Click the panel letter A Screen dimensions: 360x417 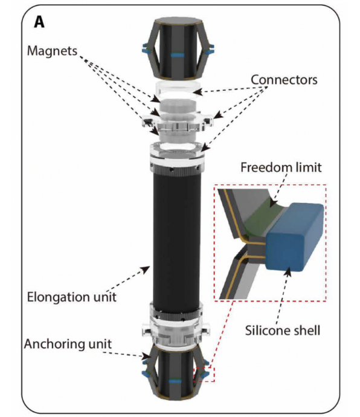pyautogui.click(x=39, y=22)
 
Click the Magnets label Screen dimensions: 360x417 pyautogui.click(x=52, y=51)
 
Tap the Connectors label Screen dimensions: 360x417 pyautogui.click(x=284, y=80)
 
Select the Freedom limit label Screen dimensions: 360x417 pyautogui.click(x=281, y=167)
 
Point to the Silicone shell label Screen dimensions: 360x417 pyautogui.click(x=282, y=331)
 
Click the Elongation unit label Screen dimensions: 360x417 pyautogui.click(x=72, y=297)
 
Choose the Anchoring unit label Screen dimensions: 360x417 pyautogui.click(x=68, y=344)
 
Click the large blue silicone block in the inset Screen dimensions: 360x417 pyautogui.click(x=295, y=237)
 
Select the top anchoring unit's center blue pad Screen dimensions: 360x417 pyautogui.click(x=178, y=55)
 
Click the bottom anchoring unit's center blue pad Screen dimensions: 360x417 pyautogui.click(x=176, y=381)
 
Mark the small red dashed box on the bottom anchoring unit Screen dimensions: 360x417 pyautogui.click(x=204, y=375)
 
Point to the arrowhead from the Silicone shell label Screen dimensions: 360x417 pyautogui.click(x=288, y=273)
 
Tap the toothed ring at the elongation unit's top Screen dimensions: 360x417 pyautogui.click(x=178, y=170)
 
